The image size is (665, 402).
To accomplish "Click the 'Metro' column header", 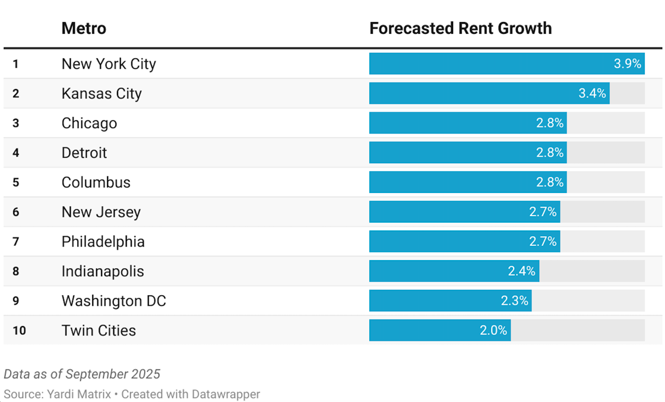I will click(x=84, y=28).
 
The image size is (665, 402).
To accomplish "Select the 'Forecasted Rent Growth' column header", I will click(x=460, y=28).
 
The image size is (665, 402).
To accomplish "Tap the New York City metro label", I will click(x=109, y=64).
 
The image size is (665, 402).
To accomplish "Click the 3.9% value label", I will click(x=627, y=64).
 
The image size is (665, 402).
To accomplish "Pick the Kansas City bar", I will click(x=475, y=93).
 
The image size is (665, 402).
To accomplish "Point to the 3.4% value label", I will click(x=592, y=93).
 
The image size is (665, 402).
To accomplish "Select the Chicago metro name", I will click(x=89, y=123).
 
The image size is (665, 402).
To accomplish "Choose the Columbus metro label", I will click(x=96, y=182).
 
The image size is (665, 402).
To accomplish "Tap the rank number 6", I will click(x=16, y=212).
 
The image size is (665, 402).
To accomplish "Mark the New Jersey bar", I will click(x=451, y=212).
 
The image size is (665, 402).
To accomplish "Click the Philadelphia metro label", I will click(x=103, y=242).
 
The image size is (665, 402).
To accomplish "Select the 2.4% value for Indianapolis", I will click(x=522, y=271).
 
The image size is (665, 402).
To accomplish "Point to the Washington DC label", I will click(x=113, y=301).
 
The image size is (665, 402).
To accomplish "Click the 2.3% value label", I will click(x=514, y=301).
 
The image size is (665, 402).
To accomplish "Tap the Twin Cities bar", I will click(x=427, y=331).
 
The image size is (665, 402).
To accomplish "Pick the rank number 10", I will click(x=19, y=331).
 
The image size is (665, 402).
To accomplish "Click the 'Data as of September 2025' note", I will click(x=82, y=374).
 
